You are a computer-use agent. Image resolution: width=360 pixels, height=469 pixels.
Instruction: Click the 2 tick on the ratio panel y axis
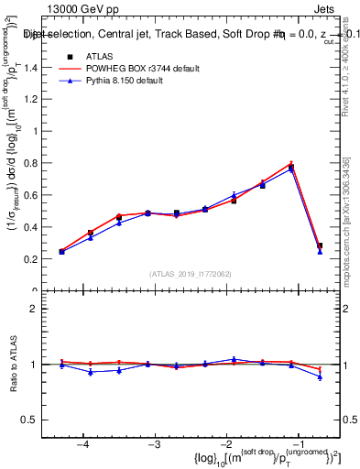[42, 309]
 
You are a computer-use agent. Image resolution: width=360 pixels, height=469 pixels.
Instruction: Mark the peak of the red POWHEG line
[291, 163]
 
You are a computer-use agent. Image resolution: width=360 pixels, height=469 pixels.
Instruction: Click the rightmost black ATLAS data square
[320, 245]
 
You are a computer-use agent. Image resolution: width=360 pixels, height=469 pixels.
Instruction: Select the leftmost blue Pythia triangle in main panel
[61, 252]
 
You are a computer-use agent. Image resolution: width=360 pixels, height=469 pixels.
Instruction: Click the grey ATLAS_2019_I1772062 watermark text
[191, 274]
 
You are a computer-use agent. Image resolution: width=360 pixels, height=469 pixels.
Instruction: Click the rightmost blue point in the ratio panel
[320, 376]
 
